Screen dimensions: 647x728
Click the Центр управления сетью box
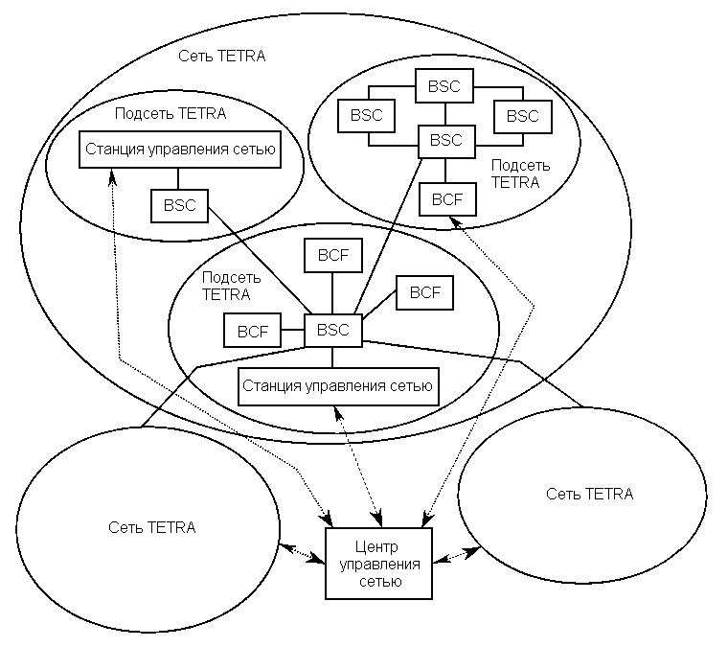377,564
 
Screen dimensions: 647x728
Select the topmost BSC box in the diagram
444,86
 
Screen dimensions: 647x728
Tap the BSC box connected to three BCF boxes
332,331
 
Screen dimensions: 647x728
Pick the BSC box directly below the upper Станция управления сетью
179,204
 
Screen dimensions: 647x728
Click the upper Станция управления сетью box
180,150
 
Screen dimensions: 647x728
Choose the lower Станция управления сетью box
336,386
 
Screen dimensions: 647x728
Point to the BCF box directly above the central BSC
332,255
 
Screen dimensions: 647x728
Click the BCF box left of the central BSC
253,332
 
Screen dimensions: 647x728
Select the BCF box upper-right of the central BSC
424,293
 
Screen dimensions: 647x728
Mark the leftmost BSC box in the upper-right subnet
366,116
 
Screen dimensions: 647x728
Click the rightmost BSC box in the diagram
522,116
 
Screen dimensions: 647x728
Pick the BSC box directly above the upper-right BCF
445,141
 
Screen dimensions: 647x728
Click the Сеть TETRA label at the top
221,56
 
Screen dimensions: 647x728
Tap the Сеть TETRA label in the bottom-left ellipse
152,527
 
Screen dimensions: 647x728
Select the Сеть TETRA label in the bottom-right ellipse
589,494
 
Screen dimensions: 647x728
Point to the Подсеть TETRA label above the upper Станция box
170,113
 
